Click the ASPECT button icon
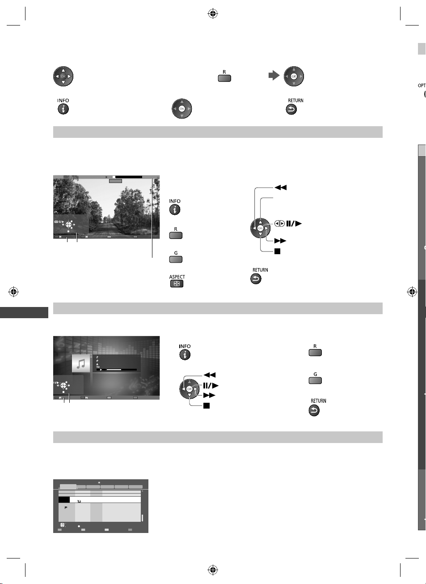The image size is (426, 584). (x=177, y=284)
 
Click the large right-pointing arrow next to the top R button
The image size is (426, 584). (x=274, y=76)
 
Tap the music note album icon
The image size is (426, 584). (x=81, y=363)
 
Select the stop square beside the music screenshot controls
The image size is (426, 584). (x=207, y=405)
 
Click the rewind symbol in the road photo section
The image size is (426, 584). (x=281, y=188)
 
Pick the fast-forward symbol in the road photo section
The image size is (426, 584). (x=280, y=241)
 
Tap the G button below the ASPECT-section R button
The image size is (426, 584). (x=176, y=260)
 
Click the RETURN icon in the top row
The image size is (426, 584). (x=291, y=110)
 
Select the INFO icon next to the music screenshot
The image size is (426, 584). (x=185, y=354)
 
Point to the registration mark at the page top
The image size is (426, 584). (x=213, y=13)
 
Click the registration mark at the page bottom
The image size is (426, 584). (x=213, y=570)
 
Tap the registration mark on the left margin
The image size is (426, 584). (x=13, y=292)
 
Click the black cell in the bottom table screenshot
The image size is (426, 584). (x=64, y=499)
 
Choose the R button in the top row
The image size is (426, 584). (x=224, y=78)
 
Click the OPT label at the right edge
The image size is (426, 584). (x=422, y=85)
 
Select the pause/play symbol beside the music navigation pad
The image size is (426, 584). (x=211, y=385)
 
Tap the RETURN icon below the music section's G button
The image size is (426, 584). (x=314, y=411)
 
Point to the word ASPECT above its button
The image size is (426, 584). (x=177, y=277)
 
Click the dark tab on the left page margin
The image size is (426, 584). (x=24, y=312)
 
